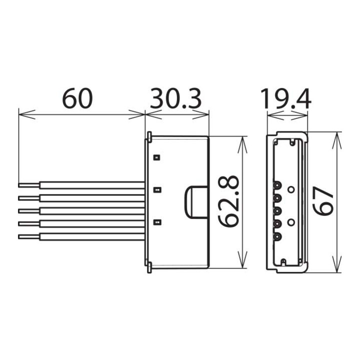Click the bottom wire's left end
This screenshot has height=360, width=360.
pyautogui.click(x=20, y=235)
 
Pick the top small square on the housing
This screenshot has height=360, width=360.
pyautogui.click(x=156, y=157)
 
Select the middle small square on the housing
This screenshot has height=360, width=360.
pyautogui.click(x=156, y=190)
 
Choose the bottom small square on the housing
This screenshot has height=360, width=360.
pyautogui.click(x=156, y=222)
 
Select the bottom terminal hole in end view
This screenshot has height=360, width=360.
pyautogui.click(x=275, y=236)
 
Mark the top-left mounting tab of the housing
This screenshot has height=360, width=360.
pyautogui.click(x=149, y=136)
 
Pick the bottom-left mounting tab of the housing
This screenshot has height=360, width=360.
pyautogui.click(x=149, y=268)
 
